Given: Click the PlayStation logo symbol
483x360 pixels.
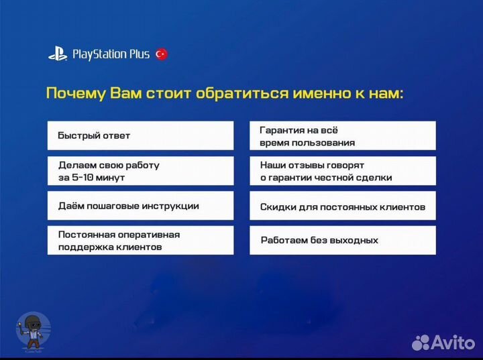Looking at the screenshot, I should [58, 54].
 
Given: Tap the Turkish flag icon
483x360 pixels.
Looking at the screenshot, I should [161, 54].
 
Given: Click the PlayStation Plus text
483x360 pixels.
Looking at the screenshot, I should [110, 54].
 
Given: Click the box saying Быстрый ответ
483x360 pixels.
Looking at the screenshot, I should [140, 135].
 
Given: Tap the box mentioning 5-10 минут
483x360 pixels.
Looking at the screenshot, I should [140, 171].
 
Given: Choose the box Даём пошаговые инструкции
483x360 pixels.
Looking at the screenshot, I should [140, 206].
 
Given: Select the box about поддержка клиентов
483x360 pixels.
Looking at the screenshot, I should [140, 241].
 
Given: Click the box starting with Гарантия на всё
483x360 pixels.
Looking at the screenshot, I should [342, 135].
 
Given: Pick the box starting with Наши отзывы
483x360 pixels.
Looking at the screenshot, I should [342, 171].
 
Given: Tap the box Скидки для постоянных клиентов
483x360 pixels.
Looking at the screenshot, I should [342, 206].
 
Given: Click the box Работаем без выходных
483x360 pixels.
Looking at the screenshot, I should [342, 241].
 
